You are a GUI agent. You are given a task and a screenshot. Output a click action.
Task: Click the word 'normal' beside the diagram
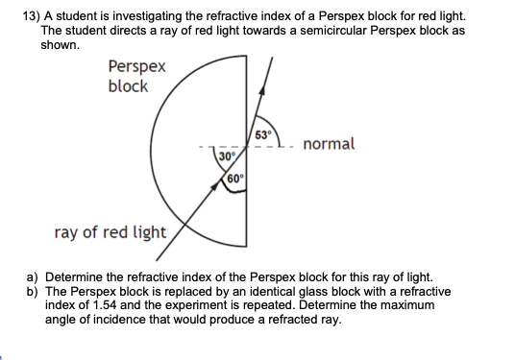[x=329, y=144]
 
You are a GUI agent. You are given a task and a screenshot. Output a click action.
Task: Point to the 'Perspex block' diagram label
[x=135, y=77]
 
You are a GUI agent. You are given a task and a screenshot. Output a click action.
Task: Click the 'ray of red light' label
[x=110, y=232]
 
